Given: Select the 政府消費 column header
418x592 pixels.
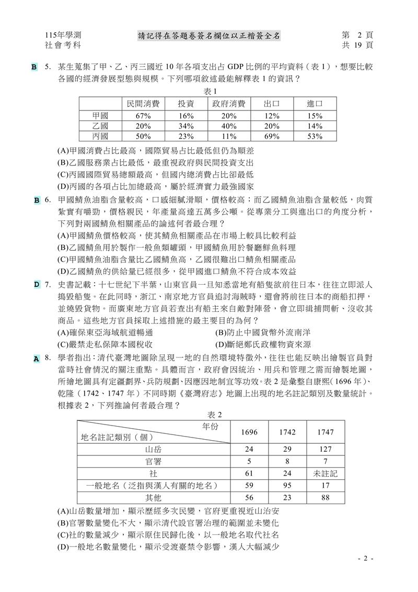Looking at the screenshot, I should tap(229, 104).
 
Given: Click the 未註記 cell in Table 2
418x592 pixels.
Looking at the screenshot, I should tap(326, 473).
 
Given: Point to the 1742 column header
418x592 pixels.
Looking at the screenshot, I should tap(287, 432).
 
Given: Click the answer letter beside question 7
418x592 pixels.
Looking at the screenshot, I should tap(37, 284).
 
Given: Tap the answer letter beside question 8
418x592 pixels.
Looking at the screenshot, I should tap(37, 359).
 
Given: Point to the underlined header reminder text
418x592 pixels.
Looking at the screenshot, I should tap(209, 36).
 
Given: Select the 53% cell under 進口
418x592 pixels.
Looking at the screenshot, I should tap(314, 136).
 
